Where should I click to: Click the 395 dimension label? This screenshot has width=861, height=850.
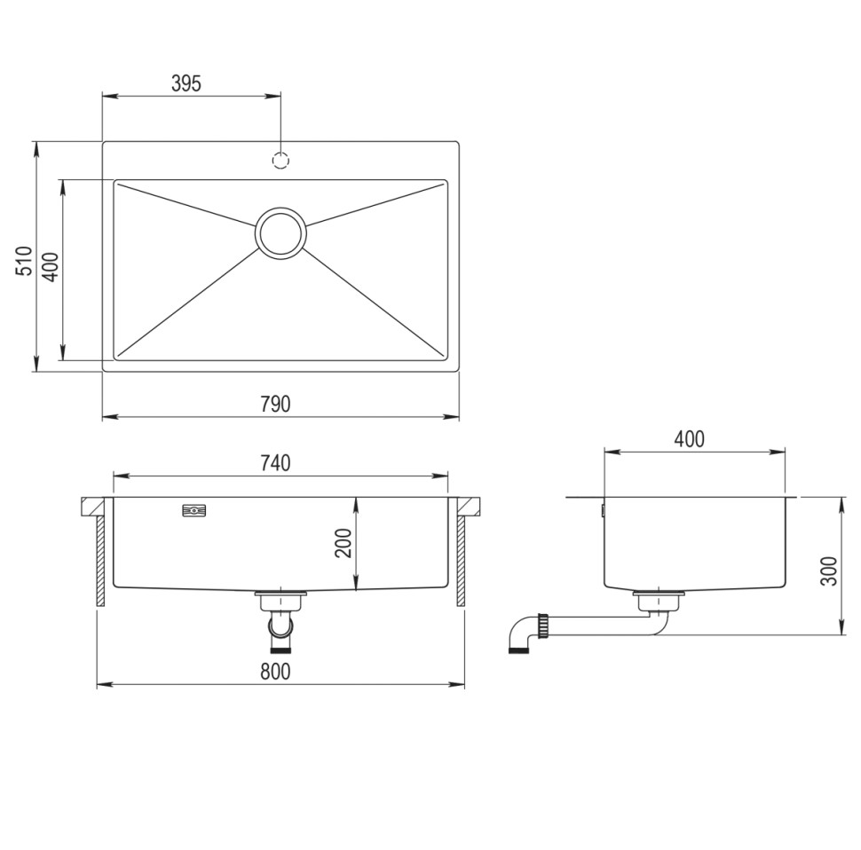click(x=186, y=83)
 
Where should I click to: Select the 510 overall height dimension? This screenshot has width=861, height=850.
click(x=24, y=261)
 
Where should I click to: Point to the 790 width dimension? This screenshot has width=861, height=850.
click(x=276, y=405)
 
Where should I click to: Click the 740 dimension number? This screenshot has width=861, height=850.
click(x=276, y=462)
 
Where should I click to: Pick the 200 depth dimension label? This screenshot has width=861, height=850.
click(x=344, y=541)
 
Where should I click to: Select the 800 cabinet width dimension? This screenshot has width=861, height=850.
click(x=276, y=672)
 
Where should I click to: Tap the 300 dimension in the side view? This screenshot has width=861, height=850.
click(x=829, y=571)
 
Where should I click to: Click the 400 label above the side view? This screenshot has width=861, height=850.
click(x=689, y=439)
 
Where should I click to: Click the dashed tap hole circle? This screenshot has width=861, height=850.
click(x=280, y=161)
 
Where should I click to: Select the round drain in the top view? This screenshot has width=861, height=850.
click(x=280, y=233)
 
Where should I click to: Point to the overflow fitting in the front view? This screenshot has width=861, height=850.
click(x=194, y=510)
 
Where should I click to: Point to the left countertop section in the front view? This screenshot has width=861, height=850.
click(x=92, y=507)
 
